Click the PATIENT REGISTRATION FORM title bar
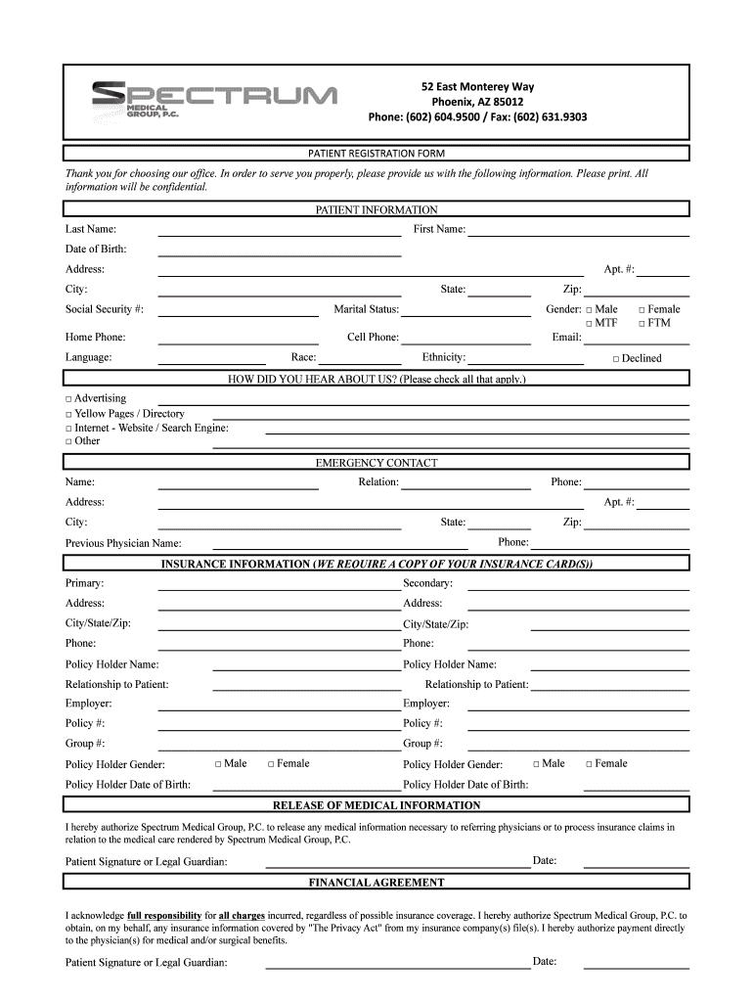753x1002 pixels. coord(376,154)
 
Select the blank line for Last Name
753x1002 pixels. coord(280,234)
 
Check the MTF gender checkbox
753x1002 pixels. coord(590,324)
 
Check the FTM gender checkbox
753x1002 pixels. coord(642,324)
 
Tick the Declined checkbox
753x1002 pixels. coord(616,359)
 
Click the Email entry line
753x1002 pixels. coord(636,342)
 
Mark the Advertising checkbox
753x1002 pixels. coord(69,399)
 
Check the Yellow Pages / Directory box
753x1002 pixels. coord(69,414)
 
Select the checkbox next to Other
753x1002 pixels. coord(69,441)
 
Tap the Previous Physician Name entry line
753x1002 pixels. coord(339,547)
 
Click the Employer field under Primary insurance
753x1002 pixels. coord(280,708)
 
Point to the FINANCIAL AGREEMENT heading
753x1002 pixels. coord(376,883)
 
